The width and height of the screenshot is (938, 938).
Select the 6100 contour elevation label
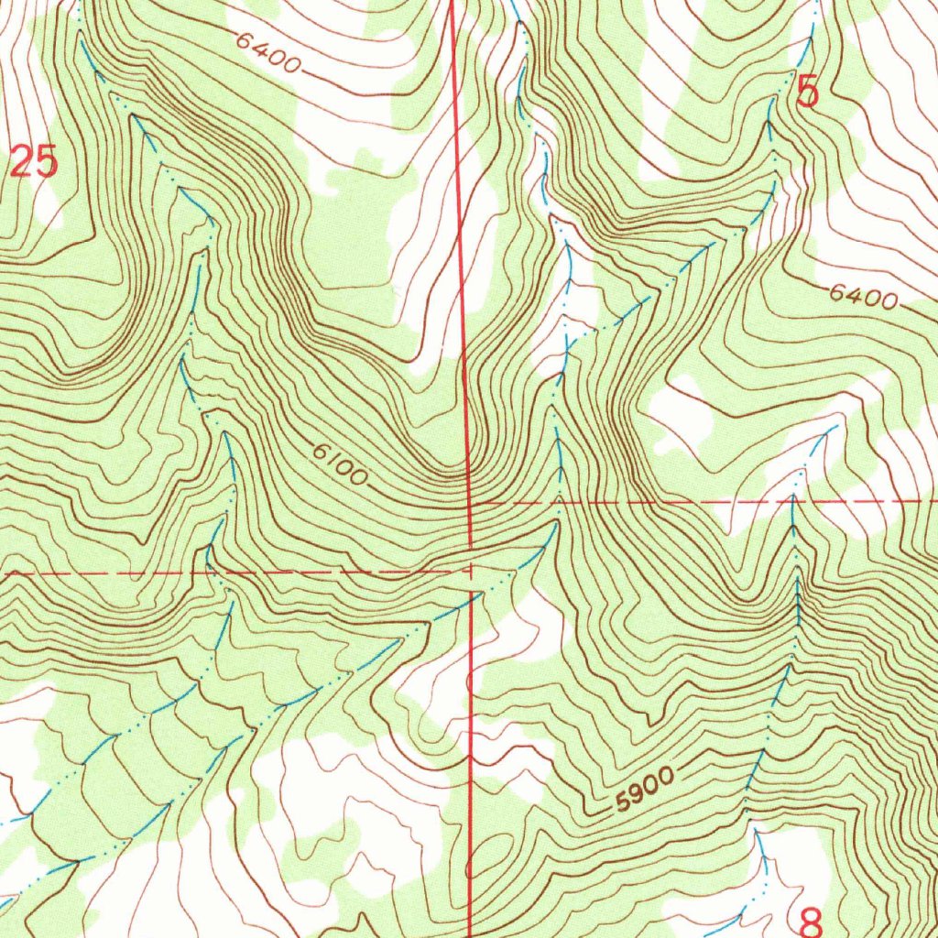pos(339,464)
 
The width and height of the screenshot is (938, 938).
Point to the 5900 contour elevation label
pos(645,790)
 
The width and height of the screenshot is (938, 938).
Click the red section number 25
pos(35,163)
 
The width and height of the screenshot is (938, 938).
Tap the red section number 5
pos(807,93)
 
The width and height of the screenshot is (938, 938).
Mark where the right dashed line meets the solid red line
pos(471,503)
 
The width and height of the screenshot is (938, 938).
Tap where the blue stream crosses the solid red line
pos(472,595)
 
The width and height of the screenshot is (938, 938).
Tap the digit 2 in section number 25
pos(23,163)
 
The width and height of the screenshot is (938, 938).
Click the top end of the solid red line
pos(453,3)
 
